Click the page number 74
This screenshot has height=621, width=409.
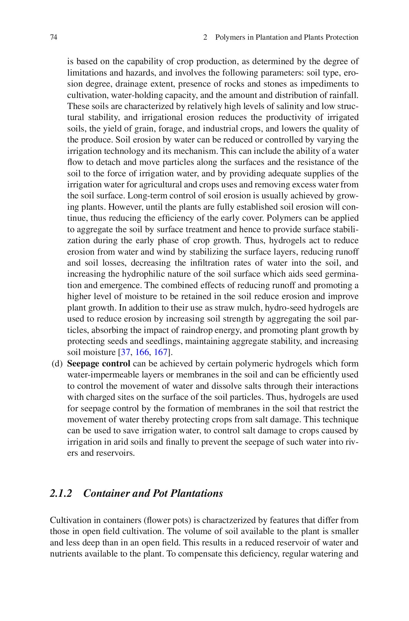53,37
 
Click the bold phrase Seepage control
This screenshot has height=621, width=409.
99,364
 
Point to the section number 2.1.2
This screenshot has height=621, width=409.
61,493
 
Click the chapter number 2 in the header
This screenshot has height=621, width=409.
205,37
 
